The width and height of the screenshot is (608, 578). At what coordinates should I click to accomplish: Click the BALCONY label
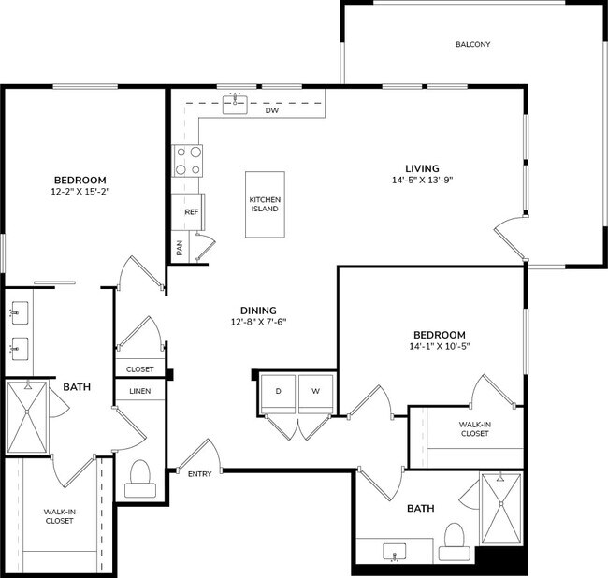click(x=472, y=44)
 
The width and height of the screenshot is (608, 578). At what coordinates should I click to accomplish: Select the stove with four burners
click(x=188, y=160)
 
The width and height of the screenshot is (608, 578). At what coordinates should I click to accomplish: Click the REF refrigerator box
click(x=190, y=212)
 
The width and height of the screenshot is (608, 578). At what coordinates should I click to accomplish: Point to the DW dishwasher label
click(x=272, y=110)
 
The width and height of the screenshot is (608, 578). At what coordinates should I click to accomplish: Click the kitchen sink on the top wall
click(x=235, y=104)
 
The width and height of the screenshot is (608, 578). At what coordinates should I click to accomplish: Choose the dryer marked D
click(x=278, y=390)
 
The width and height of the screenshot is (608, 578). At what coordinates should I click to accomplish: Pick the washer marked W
click(x=315, y=390)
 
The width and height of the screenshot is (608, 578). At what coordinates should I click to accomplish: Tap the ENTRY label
click(x=199, y=474)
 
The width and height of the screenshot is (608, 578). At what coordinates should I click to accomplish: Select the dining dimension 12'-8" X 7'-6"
click(x=263, y=323)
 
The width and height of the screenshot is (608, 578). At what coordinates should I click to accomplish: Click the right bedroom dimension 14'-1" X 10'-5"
click(x=439, y=346)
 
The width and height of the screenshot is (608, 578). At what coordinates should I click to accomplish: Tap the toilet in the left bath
click(x=139, y=477)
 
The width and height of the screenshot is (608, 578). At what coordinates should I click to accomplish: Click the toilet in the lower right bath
click(x=454, y=540)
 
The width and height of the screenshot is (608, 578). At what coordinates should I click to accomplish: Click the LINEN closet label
click(x=139, y=390)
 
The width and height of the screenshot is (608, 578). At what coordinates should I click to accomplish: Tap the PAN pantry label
click(x=180, y=249)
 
